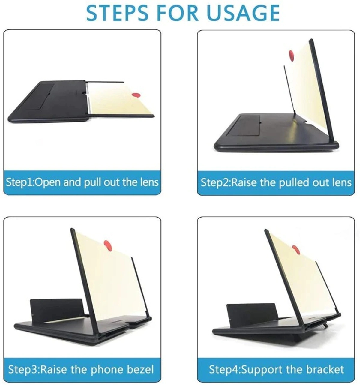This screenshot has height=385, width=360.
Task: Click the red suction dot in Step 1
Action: [136, 95]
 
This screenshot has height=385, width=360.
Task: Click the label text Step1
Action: [19, 182]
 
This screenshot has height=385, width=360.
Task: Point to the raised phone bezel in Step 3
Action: [55, 309]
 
